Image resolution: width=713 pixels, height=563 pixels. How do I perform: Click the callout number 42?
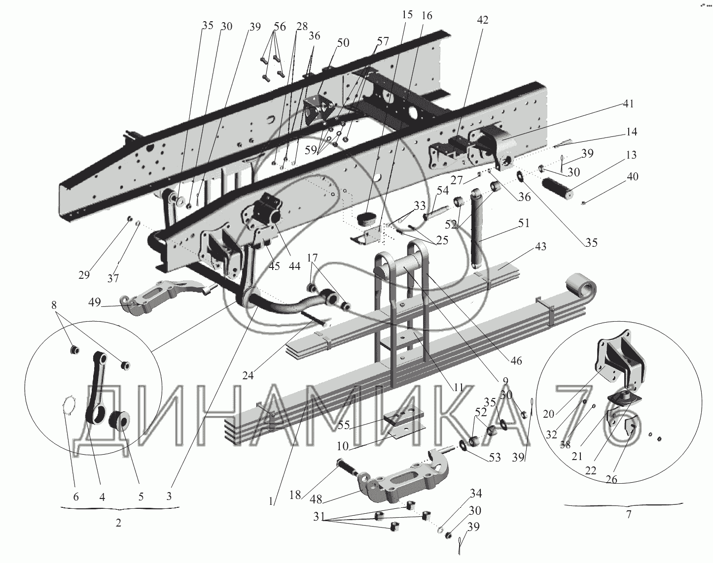click(482, 20)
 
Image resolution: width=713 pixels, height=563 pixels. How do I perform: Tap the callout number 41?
click(628, 104)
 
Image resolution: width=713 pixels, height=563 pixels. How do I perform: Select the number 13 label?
click(631, 156)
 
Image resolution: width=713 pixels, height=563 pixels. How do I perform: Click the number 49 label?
click(96, 302)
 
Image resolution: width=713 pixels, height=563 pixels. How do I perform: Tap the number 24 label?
click(248, 375)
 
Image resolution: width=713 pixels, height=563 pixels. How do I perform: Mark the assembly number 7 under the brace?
click(628, 516)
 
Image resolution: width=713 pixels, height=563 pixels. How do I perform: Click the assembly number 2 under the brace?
click(118, 523)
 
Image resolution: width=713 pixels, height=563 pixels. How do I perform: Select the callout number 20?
click(548, 415)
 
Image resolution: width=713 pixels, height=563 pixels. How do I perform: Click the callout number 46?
click(516, 361)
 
